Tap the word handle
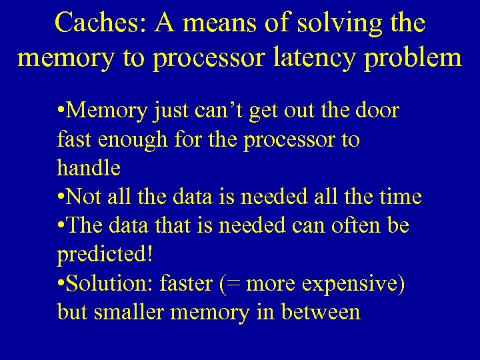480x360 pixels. [89, 168]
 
